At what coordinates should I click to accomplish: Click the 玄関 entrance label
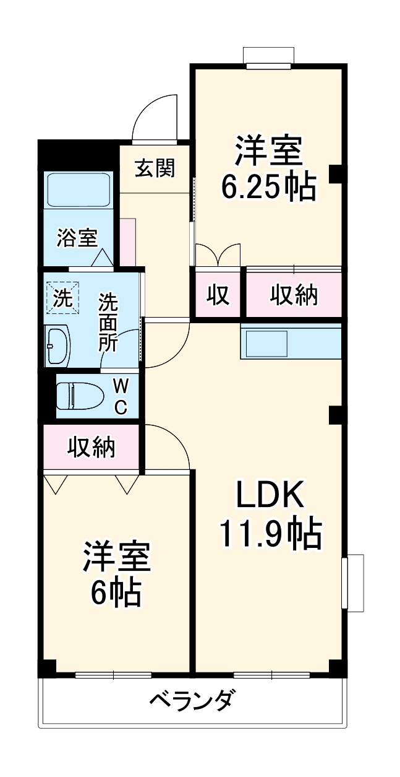pyautogui.click(x=155, y=168)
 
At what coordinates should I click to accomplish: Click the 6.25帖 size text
pyautogui.click(x=269, y=186)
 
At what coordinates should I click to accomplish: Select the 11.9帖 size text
pyautogui.click(x=270, y=533)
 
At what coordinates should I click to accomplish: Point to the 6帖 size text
pyautogui.click(x=116, y=593)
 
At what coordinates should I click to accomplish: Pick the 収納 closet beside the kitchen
pyautogui.click(x=294, y=295)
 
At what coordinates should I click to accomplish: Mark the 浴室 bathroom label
pyautogui.click(x=77, y=238)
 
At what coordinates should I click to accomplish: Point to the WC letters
pyautogui.click(x=121, y=396)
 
